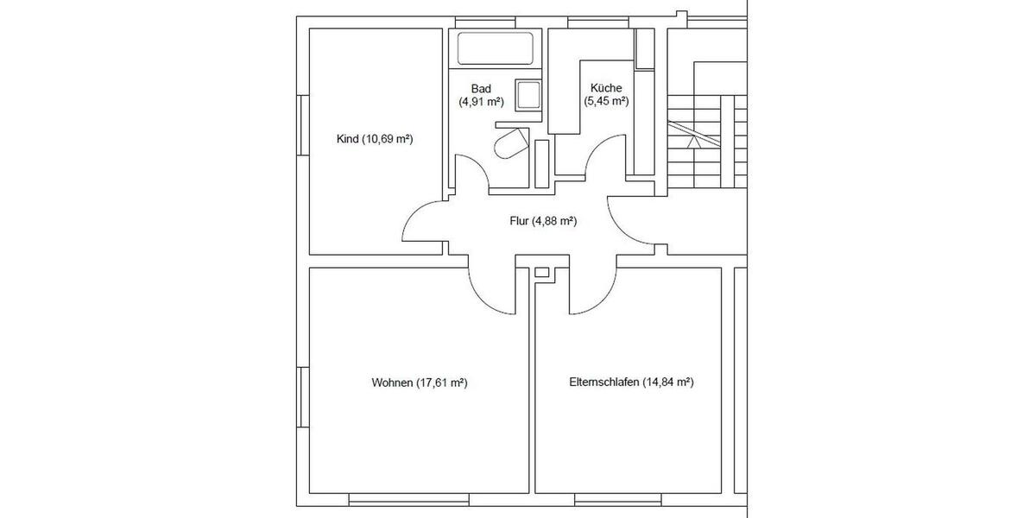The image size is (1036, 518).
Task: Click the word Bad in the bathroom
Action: (481, 89)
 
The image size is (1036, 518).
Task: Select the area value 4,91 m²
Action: (481, 101)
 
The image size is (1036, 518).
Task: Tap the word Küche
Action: (606, 89)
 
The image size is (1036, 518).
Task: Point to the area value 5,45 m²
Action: (606, 101)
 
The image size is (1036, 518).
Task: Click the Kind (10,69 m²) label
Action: (374, 139)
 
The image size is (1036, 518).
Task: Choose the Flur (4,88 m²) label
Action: (543, 221)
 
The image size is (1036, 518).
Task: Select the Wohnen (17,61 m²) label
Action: (419, 382)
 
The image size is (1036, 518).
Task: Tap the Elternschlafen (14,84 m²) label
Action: (632, 382)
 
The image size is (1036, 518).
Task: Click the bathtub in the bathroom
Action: (495, 47)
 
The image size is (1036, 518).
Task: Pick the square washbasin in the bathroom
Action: (527, 94)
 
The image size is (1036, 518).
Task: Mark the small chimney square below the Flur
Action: (541, 273)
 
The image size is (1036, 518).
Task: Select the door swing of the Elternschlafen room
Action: (594, 285)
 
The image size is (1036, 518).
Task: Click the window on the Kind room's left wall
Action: (301, 125)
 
